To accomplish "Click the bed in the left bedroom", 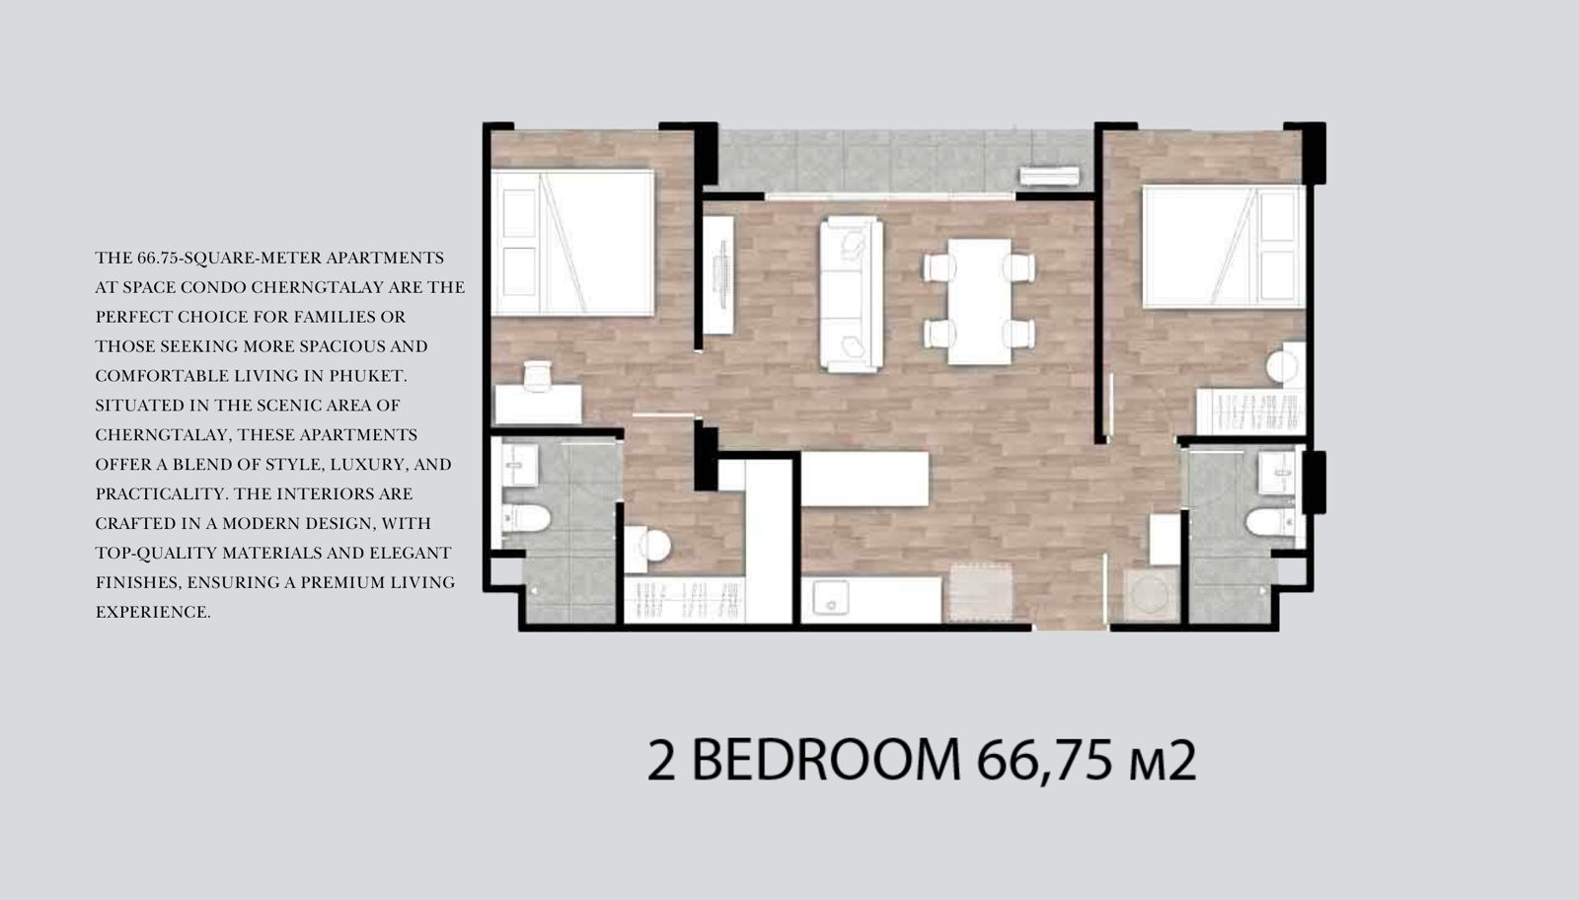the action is pyautogui.click(x=573, y=243).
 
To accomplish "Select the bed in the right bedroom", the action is pyautogui.click(x=1223, y=247).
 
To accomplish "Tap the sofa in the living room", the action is pyautogui.click(x=852, y=294).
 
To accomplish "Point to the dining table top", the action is pyautogui.click(x=980, y=302).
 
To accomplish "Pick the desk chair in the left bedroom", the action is pyautogui.click(x=537, y=375).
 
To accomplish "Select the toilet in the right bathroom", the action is pyautogui.click(x=1271, y=522).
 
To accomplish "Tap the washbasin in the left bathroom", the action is pyautogui.click(x=519, y=465).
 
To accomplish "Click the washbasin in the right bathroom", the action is pyautogui.click(x=1277, y=473).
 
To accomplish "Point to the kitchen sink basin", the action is pyautogui.click(x=831, y=597).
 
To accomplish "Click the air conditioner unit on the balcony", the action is pyautogui.click(x=1049, y=177).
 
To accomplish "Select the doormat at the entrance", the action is pyautogui.click(x=981, y=592).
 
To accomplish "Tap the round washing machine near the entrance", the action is pyautogui.click(x=1151, y=595).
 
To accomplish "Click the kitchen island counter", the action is pyautogui.click(x=865, y=480).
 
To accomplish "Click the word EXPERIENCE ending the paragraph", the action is pyautogui.click(x=153, y=612).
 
